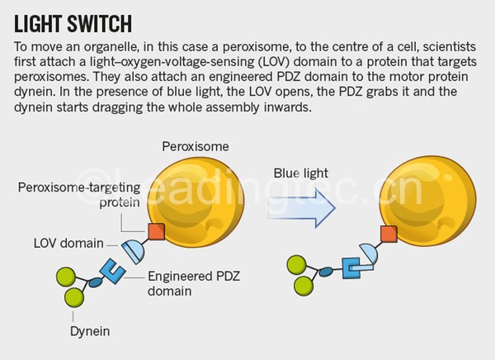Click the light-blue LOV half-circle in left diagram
click(134, 249)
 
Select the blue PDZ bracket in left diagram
click(113, 269)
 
